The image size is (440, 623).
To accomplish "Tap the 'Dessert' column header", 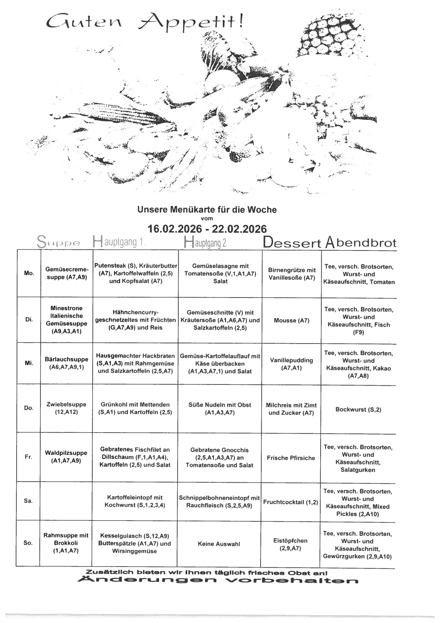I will [292, 243].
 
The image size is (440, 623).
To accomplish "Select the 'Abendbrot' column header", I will [360, 243].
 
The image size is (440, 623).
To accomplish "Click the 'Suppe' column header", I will [59, 243].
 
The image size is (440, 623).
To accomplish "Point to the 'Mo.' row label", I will [29, 273].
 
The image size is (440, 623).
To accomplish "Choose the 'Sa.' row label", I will [29, 501].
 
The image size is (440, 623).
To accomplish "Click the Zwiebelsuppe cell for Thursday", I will [66, 408].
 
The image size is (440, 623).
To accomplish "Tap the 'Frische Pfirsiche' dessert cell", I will [291, 458].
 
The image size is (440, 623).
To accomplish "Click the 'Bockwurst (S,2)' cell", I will [358, 410].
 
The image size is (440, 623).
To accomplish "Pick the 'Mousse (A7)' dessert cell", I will [291, 320].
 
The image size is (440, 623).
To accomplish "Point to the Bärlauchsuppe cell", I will [66, 363].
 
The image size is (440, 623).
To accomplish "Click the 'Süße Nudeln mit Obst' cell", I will [220, 409].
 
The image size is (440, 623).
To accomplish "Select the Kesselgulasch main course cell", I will [135, 544].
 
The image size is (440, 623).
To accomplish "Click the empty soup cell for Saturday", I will [66, 501].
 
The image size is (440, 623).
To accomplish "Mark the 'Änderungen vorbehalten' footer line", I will [218, 580].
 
